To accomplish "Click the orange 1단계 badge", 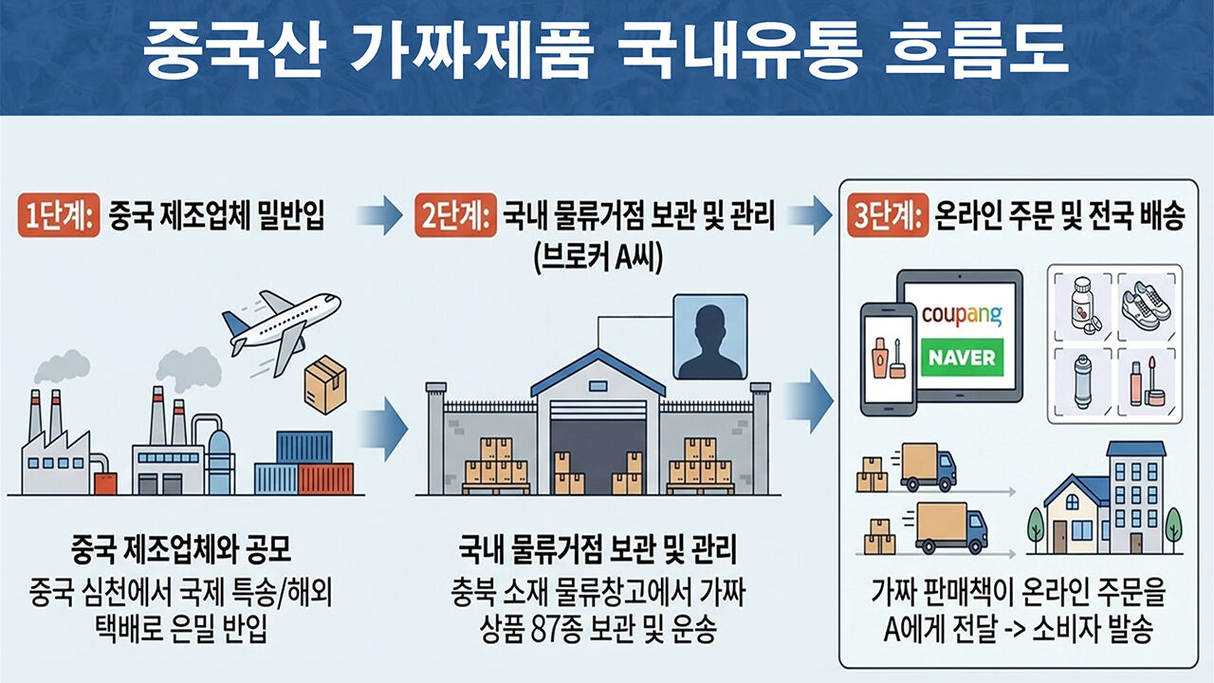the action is [59, 215].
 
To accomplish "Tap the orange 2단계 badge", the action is [456, 215].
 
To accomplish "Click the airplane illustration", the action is [281, 331].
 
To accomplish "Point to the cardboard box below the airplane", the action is [325, 385].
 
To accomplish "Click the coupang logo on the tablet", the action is [962, 314].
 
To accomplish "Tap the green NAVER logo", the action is [962, 358].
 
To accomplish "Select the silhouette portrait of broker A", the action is [710, 337].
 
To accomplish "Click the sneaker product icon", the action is [1145, 305].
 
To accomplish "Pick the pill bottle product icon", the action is [1084, 306].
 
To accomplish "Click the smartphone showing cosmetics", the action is [889, 359].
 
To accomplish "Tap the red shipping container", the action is [325, 479].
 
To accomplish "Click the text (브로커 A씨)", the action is [598, 259].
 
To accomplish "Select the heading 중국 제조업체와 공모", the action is [181, 549].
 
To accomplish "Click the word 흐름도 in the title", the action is [977, 50].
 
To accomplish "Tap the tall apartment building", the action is [1135, 498].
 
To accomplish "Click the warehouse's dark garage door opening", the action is [598, 448].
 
